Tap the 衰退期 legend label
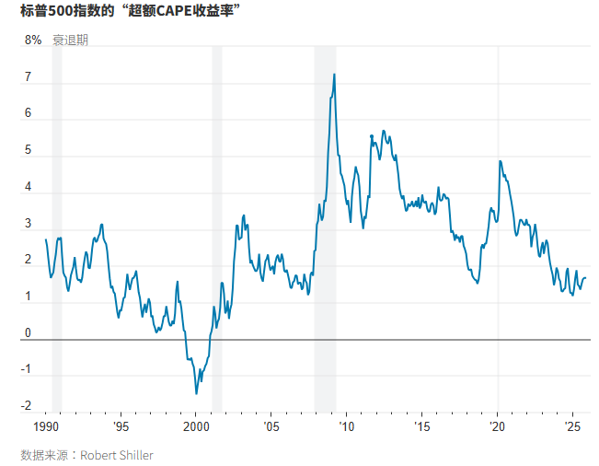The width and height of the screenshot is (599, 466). [71, 41]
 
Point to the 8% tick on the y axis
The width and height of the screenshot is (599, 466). [33, 41]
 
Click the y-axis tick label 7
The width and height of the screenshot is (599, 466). [29, 78]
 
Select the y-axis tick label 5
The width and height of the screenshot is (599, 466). [29, 151]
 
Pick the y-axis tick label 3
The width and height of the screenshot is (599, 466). [29, 224]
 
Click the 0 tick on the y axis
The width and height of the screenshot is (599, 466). [29, 333]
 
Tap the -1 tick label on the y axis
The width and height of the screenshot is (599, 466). [27, 370]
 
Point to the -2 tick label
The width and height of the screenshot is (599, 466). [27, 406]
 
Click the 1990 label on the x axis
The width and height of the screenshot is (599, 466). [46, 427]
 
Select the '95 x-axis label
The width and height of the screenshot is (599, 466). [121, 427]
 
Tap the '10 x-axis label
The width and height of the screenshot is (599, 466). [347, 427]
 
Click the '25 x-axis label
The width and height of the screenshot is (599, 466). [571, 427]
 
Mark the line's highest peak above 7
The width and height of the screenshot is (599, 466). [333, 75]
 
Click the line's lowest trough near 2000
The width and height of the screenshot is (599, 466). [196, 393]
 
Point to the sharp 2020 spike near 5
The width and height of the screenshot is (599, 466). [500, 161]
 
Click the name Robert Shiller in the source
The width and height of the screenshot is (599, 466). [117, 455]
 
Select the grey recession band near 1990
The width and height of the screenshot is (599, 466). [57, 230]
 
